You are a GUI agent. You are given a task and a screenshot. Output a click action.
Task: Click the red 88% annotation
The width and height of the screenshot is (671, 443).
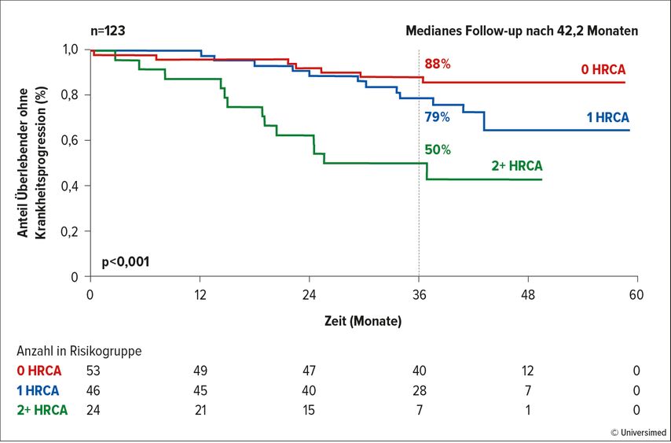(438, 65)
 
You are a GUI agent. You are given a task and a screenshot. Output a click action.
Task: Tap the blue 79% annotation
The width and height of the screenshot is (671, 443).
(437, 117)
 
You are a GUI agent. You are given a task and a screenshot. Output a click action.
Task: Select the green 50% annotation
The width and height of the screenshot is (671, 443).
(438, 150)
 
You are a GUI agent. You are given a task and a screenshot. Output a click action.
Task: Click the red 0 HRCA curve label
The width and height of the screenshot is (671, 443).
(603, 69)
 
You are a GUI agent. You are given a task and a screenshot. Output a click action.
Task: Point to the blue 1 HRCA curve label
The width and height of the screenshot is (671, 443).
(607, 117)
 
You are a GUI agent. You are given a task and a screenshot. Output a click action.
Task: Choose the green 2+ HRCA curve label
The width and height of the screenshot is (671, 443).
(517, 166)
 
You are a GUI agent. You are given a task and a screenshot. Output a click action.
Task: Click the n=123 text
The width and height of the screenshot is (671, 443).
(108, 31)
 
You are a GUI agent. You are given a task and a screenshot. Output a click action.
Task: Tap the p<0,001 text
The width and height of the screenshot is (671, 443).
(126, 262)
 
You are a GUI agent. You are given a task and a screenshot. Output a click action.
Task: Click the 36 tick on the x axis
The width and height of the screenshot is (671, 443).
(420, 295)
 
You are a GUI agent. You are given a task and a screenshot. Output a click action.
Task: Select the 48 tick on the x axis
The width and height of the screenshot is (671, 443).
(529, 295)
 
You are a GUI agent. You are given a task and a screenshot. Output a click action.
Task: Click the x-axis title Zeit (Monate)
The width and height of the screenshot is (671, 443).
(363, 321)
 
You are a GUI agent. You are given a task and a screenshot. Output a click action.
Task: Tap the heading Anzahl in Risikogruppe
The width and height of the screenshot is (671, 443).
(79, 351)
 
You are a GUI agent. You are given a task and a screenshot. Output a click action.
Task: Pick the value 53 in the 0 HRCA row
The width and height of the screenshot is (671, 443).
(93, 371)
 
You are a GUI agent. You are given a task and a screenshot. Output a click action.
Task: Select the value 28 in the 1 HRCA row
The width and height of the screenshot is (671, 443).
(420, 390)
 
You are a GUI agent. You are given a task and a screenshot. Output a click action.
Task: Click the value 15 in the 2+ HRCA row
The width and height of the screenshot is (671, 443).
(308, 410)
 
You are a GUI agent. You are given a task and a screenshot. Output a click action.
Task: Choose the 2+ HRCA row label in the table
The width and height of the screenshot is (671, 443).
(42, 410)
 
